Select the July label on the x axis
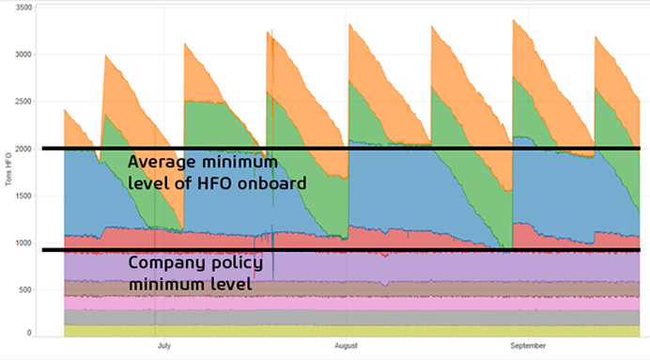pyautogui.click(x=163, y=346)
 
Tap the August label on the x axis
pyautogui.click(x=347, y=346)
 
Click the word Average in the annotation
pyautogui.click(x=160, y=162)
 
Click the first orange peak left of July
pyautogui.click(x=105, y=55)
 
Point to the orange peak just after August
pyautogui.click(x=349, y=24)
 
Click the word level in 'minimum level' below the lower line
pyautogui.click(x=230, y=282)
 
